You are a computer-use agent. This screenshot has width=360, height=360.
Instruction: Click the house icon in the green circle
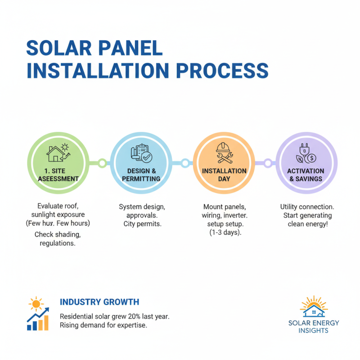click(56, 152)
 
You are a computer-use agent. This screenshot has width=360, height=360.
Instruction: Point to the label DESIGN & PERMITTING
click(141, 175)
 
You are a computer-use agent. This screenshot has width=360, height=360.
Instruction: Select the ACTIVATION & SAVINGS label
click(306, 175)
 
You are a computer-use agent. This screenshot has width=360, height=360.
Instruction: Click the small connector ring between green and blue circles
click(102, 162)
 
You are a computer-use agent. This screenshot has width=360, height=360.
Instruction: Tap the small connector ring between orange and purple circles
click(267, 162)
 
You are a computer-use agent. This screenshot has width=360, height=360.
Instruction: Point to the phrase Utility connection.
click(306, 207)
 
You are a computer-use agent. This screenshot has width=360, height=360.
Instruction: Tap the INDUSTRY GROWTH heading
click(99, 301)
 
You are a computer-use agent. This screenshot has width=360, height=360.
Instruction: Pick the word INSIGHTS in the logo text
click(314, 330)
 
